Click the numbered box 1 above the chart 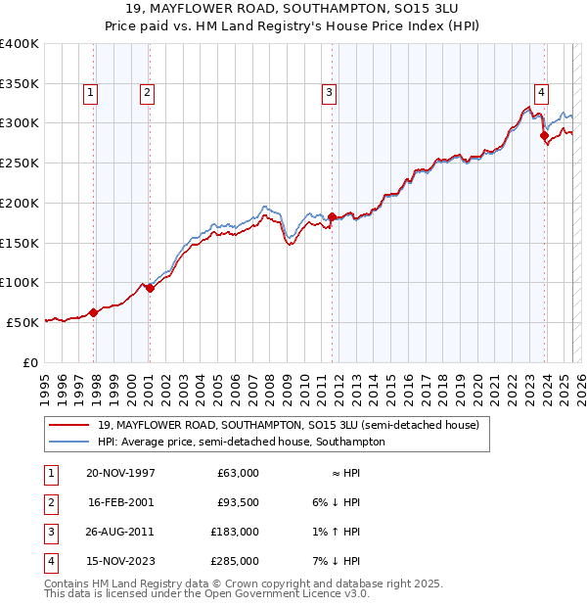[x=90, y=93]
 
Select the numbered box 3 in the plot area [x=329, y=93]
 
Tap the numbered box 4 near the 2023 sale [x=541, y=93]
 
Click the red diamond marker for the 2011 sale [x=332, y=216]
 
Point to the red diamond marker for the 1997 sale [x=94, y=312]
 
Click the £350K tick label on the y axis [x=20, y=83]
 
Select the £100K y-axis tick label [x=20, y=282]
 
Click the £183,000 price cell [x=235, y=532]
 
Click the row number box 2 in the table [x=49, y=502]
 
